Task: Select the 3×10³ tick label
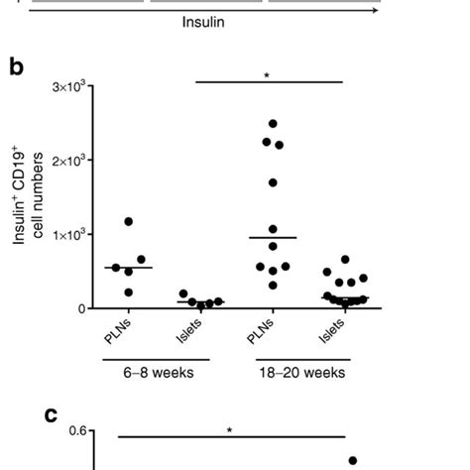(75, 87)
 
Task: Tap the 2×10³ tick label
(75, 162)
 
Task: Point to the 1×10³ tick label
(75, 235)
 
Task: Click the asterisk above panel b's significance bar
(268, 74)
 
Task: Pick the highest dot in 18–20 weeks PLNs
(273, 124)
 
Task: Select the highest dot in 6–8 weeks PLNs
(128, 221)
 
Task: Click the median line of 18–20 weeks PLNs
(273, 237)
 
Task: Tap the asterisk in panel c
(229, 430)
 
